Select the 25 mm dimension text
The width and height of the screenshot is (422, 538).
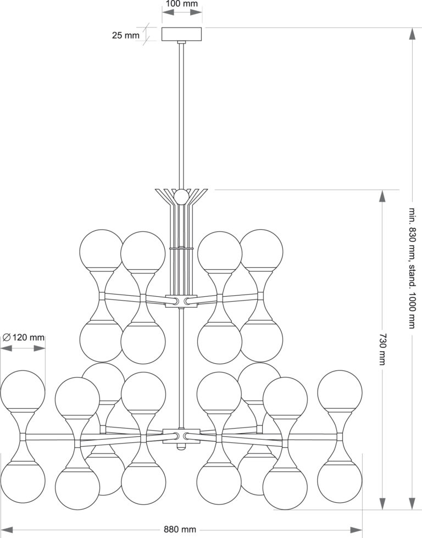pos(126,36)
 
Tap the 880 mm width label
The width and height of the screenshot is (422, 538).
pos(180,529)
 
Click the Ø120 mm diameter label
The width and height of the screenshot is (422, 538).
pos(23,337)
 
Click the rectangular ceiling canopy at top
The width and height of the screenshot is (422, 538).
pos(182,34)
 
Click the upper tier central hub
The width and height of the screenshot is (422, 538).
pos(181,300)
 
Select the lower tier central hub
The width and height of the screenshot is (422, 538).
pos(181,434)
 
